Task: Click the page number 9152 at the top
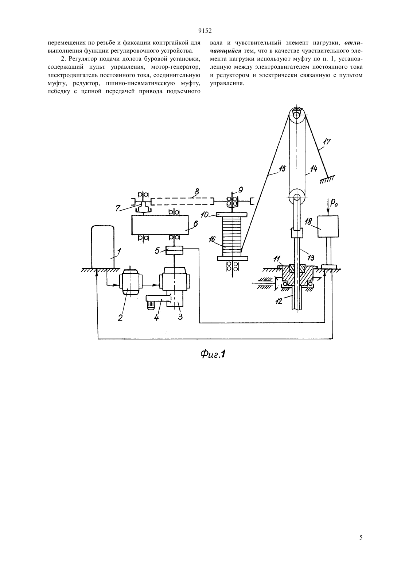[x=205, y=31]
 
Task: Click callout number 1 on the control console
[x=119, y=252]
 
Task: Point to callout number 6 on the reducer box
[x=195, y=223]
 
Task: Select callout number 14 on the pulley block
[x=314, y=169]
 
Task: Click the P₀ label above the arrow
[x=332, y=203]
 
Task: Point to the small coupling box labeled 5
[x=174, y=250]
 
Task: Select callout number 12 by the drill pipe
[x=279, y=301]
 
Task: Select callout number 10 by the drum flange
[x=205, y=215]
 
